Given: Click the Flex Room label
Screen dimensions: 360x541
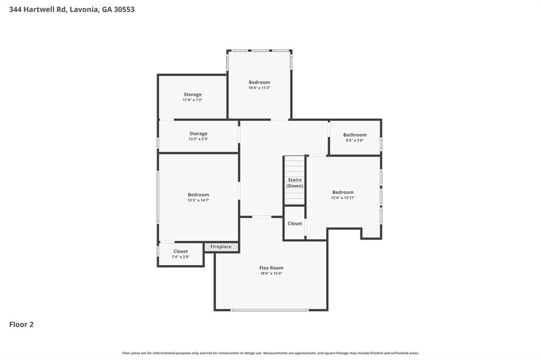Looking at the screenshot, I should click(271, 268).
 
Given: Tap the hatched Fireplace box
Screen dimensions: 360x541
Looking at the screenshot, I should click(221, 247).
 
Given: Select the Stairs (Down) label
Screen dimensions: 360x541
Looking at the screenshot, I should click(295, 183).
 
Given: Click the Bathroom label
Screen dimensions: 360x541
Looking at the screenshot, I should click(355, 135).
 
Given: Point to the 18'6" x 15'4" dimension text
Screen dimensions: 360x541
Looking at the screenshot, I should click(271, 273).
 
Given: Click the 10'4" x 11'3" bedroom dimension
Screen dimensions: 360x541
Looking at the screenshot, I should click(259, 88).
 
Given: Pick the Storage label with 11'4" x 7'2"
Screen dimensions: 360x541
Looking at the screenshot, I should click(192, 94).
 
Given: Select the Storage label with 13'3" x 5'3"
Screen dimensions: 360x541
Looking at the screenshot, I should click(198, 134).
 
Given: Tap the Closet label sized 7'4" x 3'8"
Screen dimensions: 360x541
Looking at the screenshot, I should click(181, 251).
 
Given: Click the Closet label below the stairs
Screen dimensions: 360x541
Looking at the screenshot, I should click(295, 223).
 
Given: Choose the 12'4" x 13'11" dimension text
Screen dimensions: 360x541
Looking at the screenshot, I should click(343, 197).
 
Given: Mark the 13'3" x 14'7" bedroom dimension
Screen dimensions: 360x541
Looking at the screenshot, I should click(198, 200).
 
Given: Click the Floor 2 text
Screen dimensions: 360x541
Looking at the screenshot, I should click(21, 325).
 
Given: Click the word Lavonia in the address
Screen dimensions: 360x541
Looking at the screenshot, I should click(84, 9).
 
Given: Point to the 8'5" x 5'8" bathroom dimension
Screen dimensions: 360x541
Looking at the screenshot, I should click(355, 140).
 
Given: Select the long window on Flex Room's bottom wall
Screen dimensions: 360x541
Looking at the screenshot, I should click(269, 310).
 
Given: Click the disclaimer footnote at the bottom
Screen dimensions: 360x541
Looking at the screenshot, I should click(270, 353).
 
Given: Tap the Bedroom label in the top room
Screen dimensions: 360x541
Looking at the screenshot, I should click(259, 82).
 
